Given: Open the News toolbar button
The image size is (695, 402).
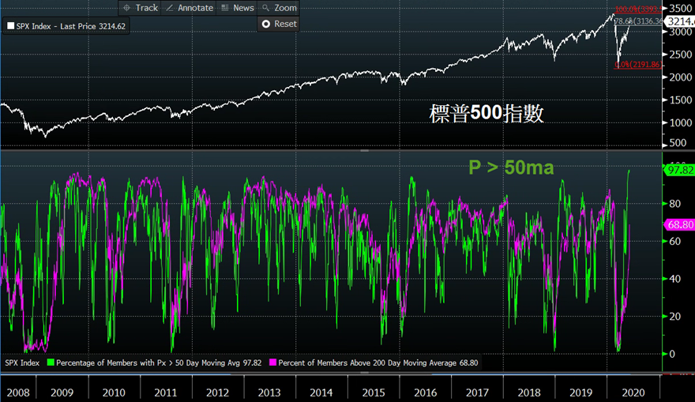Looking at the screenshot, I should coord(238,8).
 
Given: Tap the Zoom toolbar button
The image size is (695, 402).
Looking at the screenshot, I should coord(280,8).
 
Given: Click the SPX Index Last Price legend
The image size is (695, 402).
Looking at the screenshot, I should coord(66,26).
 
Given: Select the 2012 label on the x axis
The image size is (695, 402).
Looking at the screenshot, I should coord(217,393).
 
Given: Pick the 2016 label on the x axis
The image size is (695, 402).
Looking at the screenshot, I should coord(424,393).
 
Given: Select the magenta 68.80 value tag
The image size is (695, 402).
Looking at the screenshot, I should coord(680,226).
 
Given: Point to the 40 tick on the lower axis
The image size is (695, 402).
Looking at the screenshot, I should coord(673,279).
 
